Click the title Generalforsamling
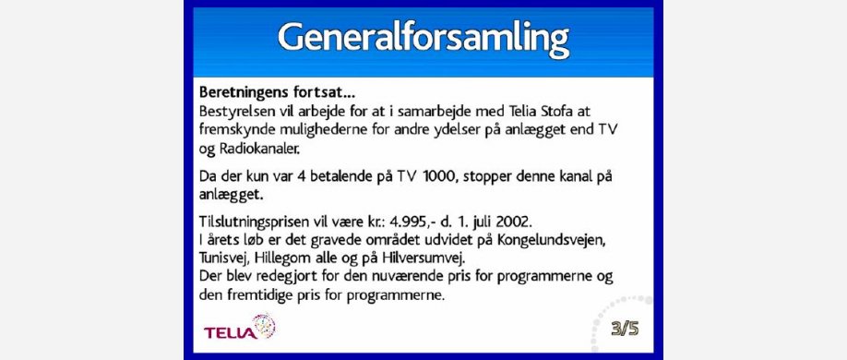(x=423, y=39)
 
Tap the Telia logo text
(x=230, y=332)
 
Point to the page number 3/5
(x=625, y=328)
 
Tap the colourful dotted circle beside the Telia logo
(x=264, y=327)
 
